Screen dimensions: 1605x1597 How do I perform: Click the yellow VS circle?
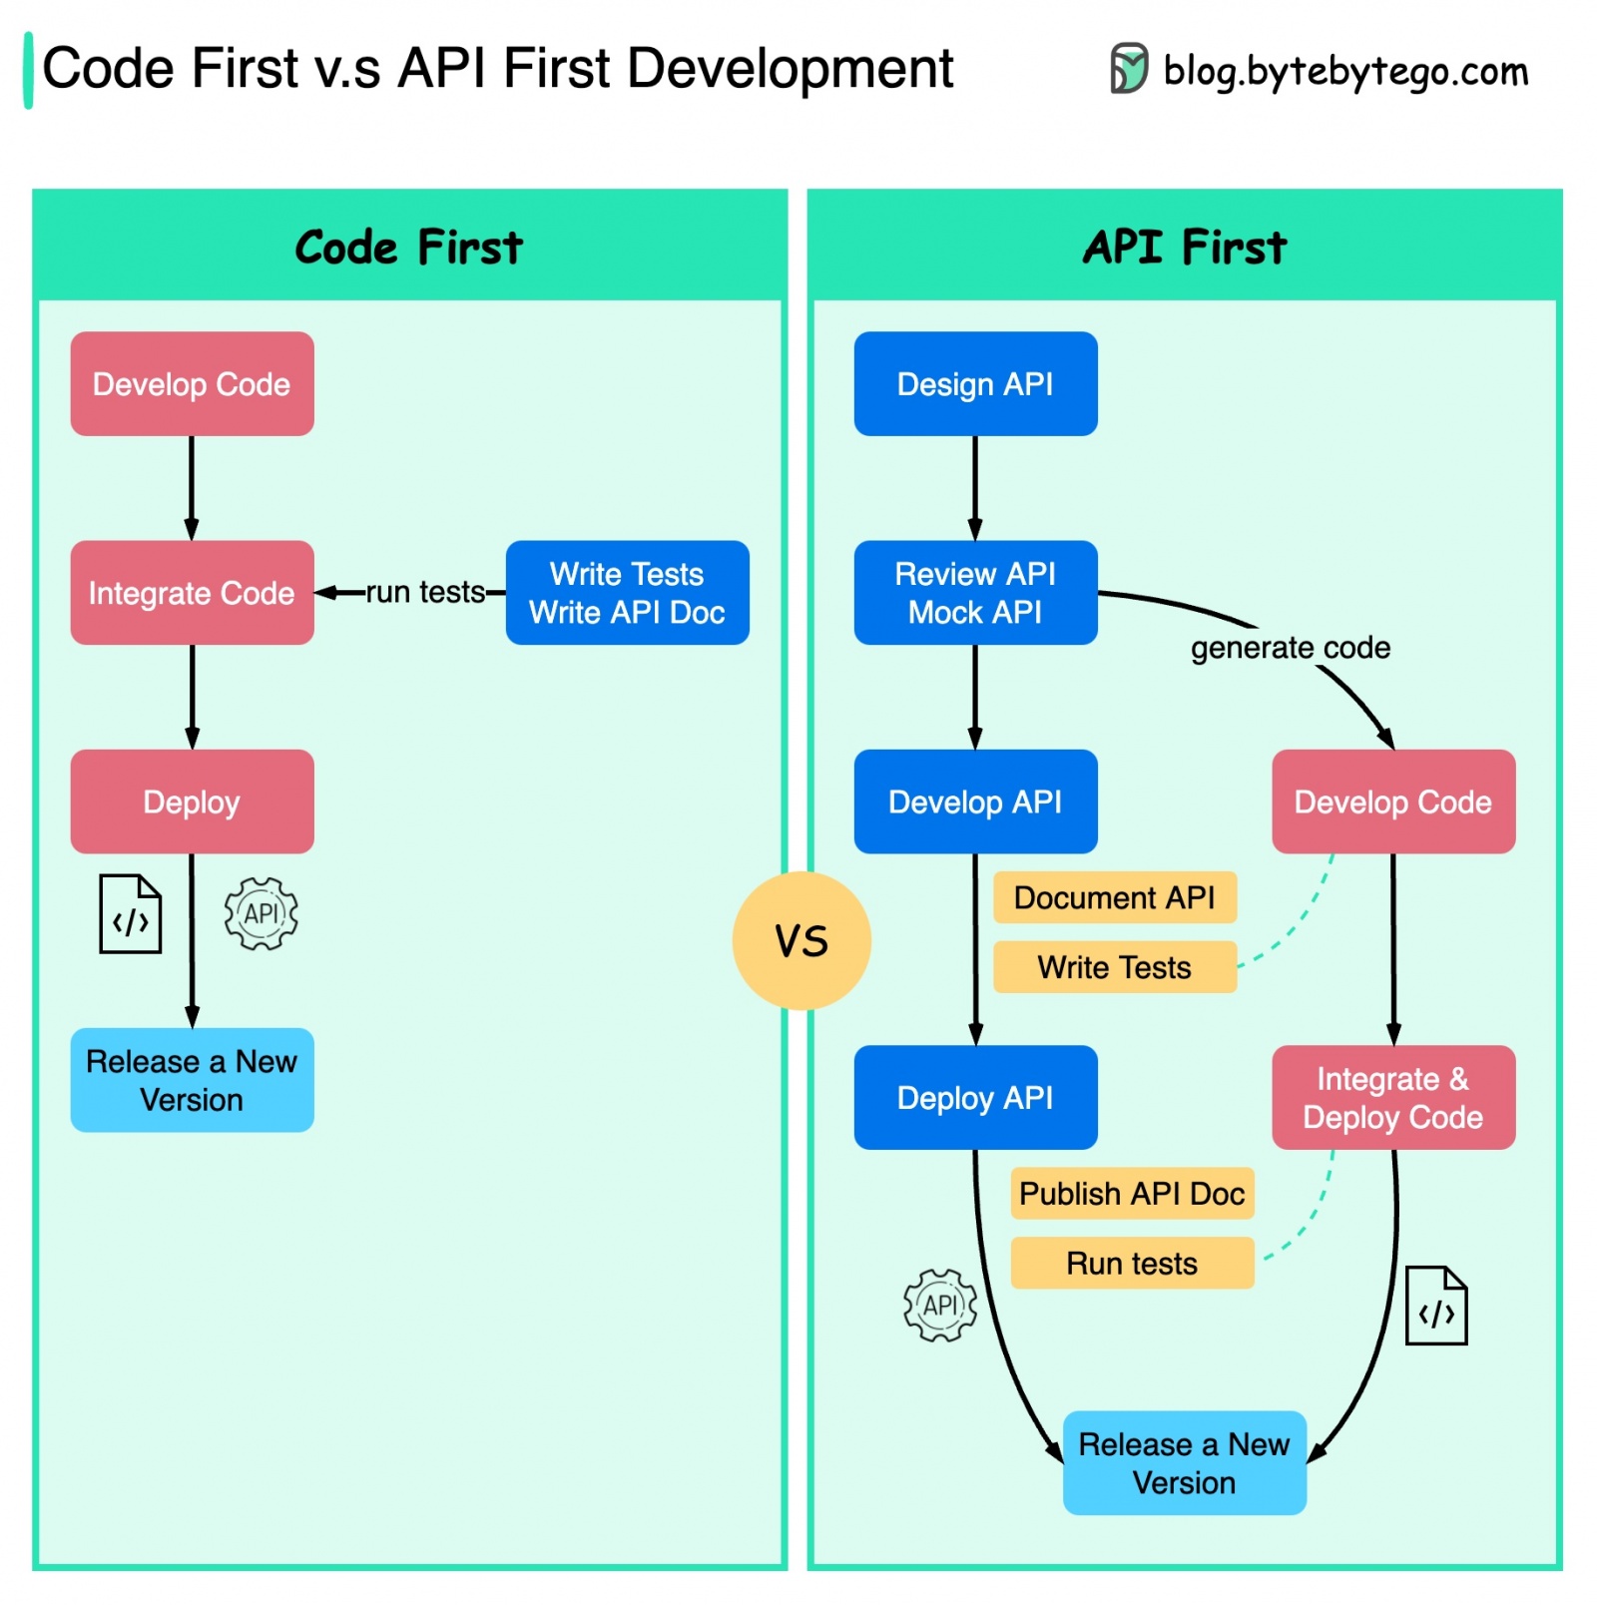pyautogui.click(x=800, y=939)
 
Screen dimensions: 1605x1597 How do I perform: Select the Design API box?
pyautogui.click(x=974, y=383)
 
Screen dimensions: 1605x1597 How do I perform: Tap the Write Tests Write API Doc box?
pyautogui.click(x=627, y=592)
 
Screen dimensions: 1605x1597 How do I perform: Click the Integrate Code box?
pyautogui.click(x=192, y=592)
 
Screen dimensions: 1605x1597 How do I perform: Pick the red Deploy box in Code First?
pyautogui.click(x=192, y=801)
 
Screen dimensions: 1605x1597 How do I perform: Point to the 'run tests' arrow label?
pyautogui.click(x=424, y=592)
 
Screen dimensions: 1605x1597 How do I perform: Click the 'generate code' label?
pyautogui.click(x=1289, y=647)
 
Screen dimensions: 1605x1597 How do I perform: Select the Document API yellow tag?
pyautogui.click(x=1114, y=896)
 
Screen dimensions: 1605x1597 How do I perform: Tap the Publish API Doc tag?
pyautogui.click(x=1131, y=1193)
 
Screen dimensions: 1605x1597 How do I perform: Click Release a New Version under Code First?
pyautogui.click(x=192, y=1079)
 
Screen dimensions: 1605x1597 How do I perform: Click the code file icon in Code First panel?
pyautogui.click(x=130, y=913)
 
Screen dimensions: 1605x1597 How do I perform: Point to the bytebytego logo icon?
pyautogui.click(x=1128, y=69)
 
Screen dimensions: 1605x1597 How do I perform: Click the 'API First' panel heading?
pyautogui.click(x=1184, y=247)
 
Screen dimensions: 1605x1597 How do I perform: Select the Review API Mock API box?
pyautogui.click(x=974, y=592)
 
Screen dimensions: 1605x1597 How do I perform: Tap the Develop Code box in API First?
pyautogui.click(x=1392, y=801)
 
